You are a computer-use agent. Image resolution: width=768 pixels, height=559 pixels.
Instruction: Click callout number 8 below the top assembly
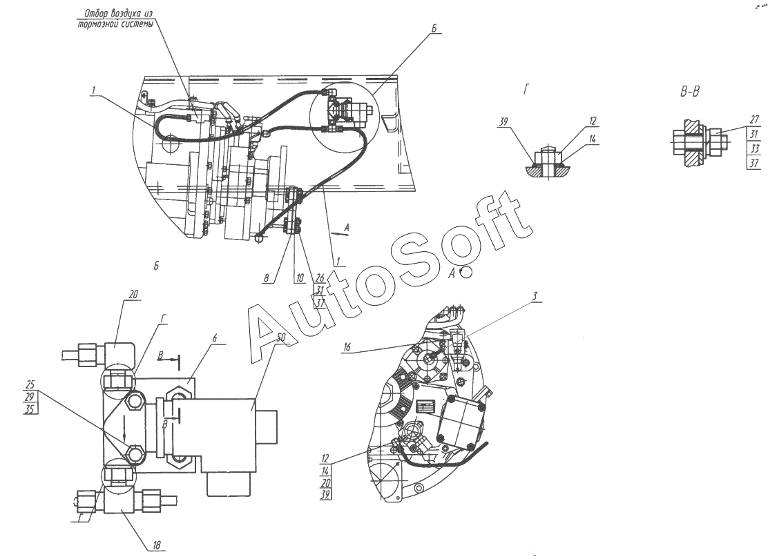[267, 278]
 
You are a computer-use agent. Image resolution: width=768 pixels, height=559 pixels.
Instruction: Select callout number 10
[299, 279]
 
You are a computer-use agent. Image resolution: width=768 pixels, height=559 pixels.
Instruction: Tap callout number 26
[319, 279]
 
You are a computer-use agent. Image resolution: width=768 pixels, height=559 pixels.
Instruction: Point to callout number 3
[535, 295]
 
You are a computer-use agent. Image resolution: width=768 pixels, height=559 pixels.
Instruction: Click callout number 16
[347, 347]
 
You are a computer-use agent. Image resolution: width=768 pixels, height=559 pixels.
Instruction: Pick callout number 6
[214, 337]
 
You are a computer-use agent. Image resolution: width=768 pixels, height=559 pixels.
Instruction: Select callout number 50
[281, 337]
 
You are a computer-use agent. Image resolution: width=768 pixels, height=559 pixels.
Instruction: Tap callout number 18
[157, 545]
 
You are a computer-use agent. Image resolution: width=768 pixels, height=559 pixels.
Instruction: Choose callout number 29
[30, 397]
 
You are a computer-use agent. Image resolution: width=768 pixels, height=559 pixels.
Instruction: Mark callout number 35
[30, 409]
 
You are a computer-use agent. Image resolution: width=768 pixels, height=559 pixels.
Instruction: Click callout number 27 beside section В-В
[754, 119]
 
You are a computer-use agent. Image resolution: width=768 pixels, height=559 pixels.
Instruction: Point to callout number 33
[754, 148]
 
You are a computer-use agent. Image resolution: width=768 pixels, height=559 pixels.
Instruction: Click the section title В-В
[690, 91]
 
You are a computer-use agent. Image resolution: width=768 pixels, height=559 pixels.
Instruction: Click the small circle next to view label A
[466, 273]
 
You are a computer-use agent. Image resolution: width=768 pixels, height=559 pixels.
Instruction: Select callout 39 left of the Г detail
[503, 121]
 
